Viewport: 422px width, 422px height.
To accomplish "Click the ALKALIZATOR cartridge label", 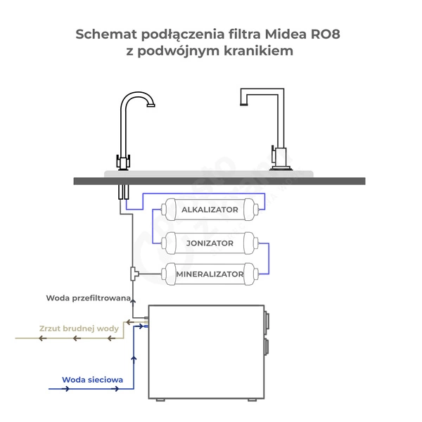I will pos(210,210).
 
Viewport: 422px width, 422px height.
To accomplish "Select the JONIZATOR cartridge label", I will pos(210,243).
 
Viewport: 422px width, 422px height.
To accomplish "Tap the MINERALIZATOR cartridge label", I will pos(210,274).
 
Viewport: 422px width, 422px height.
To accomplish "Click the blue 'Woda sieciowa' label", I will pos(92,380).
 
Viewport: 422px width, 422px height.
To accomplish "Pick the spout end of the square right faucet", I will pos(243,103).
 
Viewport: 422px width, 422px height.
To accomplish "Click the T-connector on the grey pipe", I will pos(134,272).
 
